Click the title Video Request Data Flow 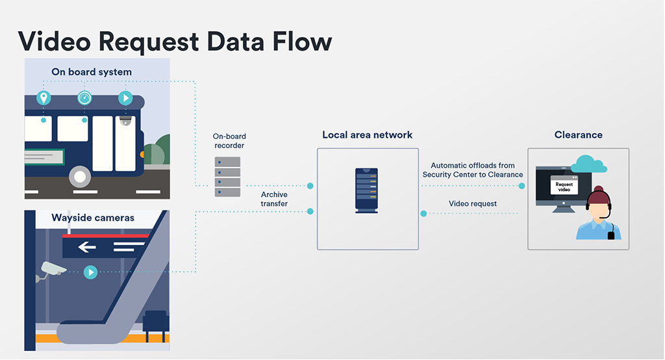pos(175,41)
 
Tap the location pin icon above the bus pos(44,98)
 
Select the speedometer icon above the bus pos(84,98)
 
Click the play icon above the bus pos(125,98)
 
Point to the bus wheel pos(80,175)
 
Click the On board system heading pos(92,72)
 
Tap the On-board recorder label pos(229,141)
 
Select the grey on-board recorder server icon pos(227,177)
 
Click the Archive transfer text pos(274,199)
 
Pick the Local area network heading pos(368,135)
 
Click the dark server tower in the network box pos(367,190)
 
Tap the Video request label pos(473,204)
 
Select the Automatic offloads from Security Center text pos(473,170)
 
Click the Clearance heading pos(578,135)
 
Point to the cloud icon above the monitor pos(588,164)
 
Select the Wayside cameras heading pos(93,218)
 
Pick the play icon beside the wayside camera pos(90,272)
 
